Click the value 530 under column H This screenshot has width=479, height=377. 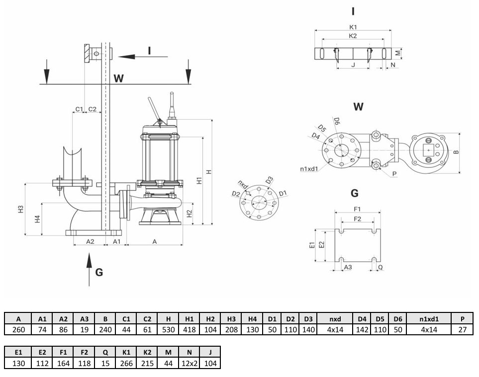[168, 330]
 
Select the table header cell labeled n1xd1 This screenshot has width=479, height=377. [429, 319]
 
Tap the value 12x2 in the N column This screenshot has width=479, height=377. [190, 363]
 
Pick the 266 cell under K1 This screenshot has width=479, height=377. [126, 363]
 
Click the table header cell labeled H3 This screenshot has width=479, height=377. [231, 319]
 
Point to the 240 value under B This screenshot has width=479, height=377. [105, 330]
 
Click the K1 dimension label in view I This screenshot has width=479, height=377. [353, 27]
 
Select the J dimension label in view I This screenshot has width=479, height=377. [354, 65]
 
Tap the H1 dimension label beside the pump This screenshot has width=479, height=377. [199, 181]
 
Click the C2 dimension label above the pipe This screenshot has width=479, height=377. [92, 109]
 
